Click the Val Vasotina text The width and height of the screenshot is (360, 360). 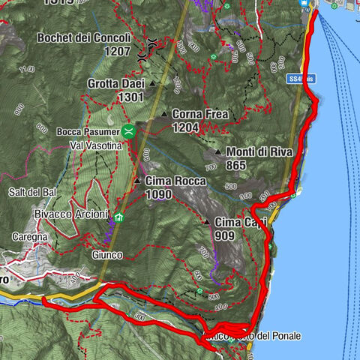point(95,144)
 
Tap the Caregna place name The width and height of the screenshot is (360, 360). point(29,236)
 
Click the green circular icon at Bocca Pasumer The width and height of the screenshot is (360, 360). point(129,131)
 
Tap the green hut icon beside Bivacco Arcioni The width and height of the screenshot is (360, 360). point(118,219)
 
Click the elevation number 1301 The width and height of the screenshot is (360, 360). point(130,97)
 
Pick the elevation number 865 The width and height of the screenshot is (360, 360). point(235,165)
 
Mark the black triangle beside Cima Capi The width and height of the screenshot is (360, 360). point(207,222)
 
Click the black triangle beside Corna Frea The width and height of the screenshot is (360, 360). point(163,114)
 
